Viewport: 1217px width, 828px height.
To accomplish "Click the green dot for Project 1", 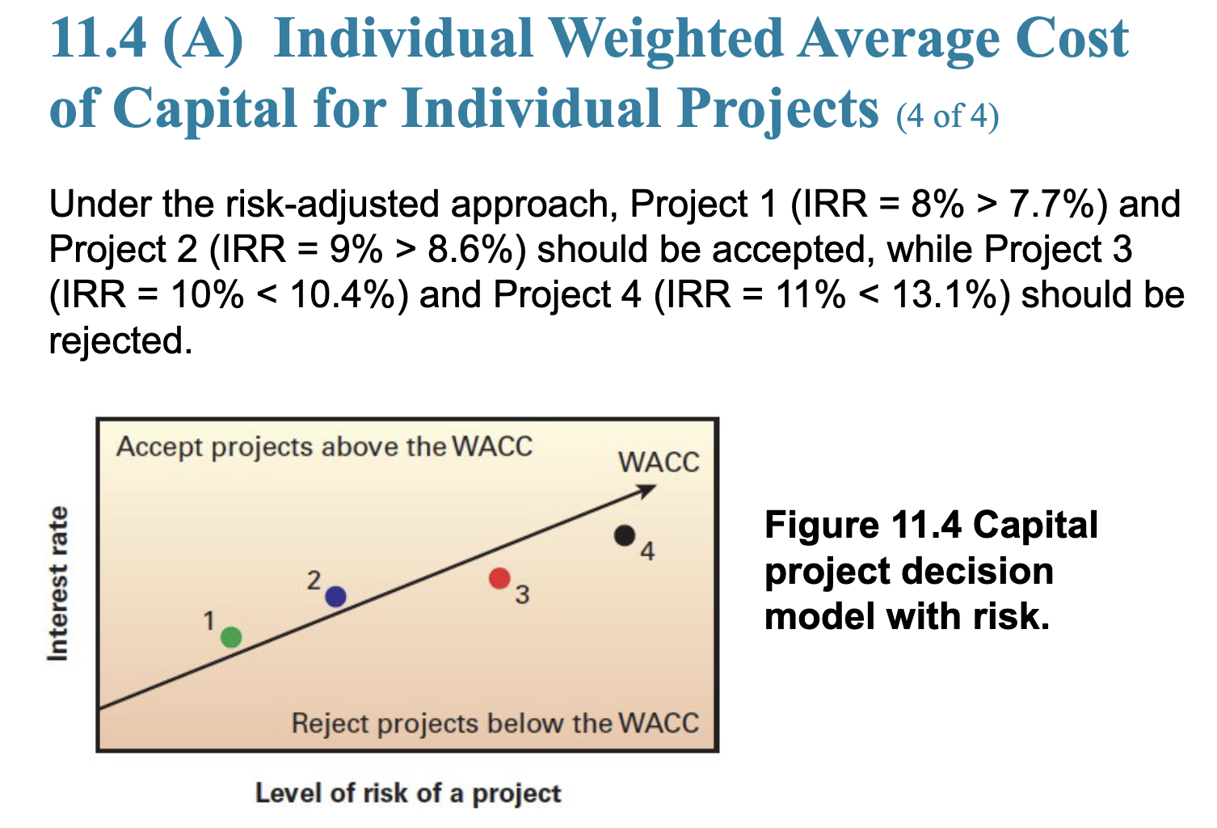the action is click(231, 636).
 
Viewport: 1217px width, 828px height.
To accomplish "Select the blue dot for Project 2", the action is click(335, 597).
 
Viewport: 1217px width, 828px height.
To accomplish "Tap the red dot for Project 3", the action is click(499, 578).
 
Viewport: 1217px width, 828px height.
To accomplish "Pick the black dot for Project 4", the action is click(624, 535).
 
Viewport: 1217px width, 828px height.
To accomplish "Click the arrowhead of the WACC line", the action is click(646, 490).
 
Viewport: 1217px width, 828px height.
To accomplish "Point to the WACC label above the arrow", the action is click(659, 463).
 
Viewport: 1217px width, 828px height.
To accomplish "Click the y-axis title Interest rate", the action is click(58, 583).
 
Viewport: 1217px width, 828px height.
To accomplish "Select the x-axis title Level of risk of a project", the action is click(408, 793).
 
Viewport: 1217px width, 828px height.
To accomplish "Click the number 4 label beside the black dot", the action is click(647, 551).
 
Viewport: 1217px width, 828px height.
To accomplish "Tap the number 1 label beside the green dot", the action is click(209, 621).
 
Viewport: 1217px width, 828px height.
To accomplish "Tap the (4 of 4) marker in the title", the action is click(947, 116).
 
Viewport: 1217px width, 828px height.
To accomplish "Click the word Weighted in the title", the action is click(666, 39).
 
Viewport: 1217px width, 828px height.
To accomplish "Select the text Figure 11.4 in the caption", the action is click(863, 525).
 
